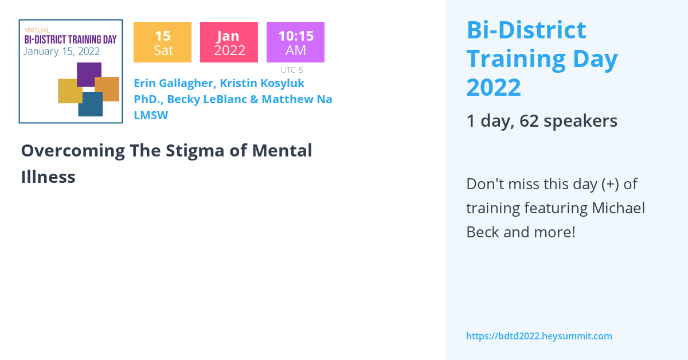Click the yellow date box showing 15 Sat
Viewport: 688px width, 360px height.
[x=162, y=42]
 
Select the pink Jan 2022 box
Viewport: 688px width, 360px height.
[x=229, y=42]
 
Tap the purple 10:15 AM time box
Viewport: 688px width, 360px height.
[x=295, y=42]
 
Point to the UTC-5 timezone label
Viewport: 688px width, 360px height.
[x=292, y=70]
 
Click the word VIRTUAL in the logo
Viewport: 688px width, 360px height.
[x=37, y=30]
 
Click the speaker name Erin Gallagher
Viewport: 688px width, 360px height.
[x=173, y=83]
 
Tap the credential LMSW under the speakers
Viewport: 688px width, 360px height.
[x=150, y=115]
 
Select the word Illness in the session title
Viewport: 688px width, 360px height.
[x=48, y=177]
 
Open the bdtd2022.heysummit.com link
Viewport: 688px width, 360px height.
[x=539, y=336]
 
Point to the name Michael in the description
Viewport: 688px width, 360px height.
[x=619, y=208]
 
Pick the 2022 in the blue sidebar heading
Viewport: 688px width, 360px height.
[x=494, y=87]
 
